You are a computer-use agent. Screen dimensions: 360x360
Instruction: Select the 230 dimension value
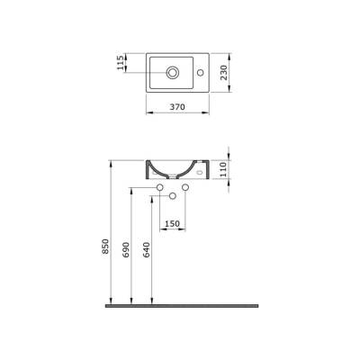click(x=232, y=71)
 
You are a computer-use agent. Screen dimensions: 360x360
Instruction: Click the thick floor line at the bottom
click(x=180, y=305)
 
